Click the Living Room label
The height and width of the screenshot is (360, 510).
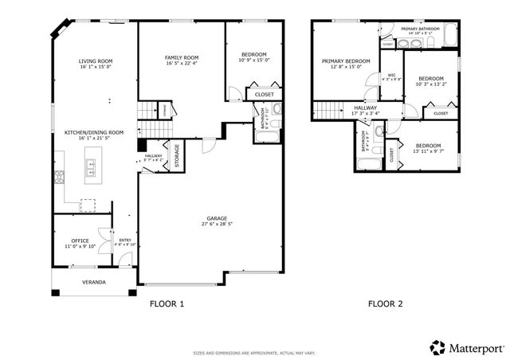click(95, 61)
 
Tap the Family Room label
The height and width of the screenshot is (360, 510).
click(182, 58)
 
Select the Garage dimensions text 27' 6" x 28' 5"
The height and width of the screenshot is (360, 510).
click(218, 225)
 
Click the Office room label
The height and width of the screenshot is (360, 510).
click(80, 241)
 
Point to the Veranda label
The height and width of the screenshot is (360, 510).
click(94, 282)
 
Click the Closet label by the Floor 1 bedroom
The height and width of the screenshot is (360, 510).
click(265, 94)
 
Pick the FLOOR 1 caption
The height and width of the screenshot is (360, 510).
click(167, 303)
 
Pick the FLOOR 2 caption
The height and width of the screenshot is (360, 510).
click(385, 303)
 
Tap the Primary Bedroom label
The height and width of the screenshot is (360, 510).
click(346, 61)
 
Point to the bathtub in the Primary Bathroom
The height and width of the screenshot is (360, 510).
click(451, 36)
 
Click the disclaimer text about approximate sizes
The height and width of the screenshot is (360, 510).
click(254, 352)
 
